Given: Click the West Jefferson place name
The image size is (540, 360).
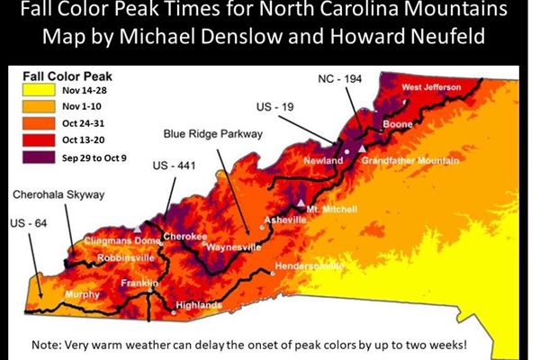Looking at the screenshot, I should pos(431,87).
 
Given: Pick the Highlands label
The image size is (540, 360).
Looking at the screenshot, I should pos(198,305).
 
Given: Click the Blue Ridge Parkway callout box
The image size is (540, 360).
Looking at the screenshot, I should pos(212,134).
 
